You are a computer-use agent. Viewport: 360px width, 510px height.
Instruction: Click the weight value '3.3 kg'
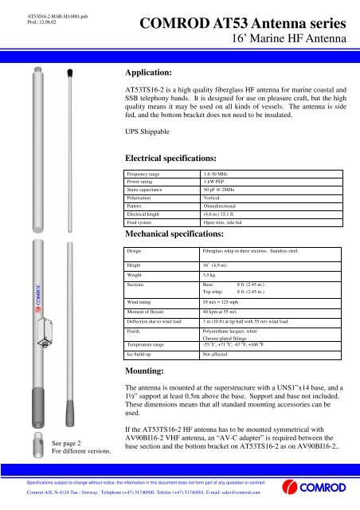coord(211,273)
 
